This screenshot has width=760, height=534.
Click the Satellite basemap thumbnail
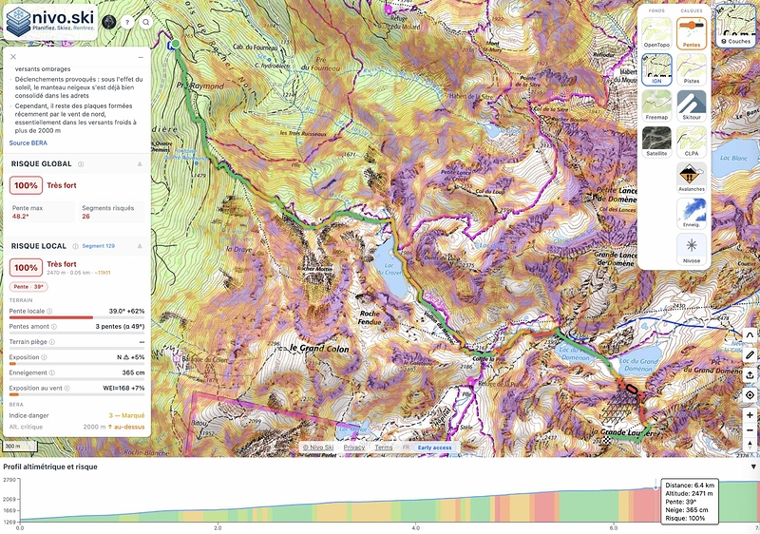(x=656, y=141)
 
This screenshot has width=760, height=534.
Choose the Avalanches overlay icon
(x=691, y=176)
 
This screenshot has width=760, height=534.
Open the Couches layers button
(x=738, y=29)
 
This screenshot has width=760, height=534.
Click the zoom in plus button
(x=750, y=415)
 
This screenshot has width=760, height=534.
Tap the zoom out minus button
(x=750, y=436)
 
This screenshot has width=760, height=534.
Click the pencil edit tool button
(x=750, y=354)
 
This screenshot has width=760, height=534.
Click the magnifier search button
(x=146, y=22)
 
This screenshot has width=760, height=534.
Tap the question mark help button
(x=127, y=22)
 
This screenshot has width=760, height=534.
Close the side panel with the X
(x=13, y=57)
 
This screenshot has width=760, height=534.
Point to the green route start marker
(x=176, y=44)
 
